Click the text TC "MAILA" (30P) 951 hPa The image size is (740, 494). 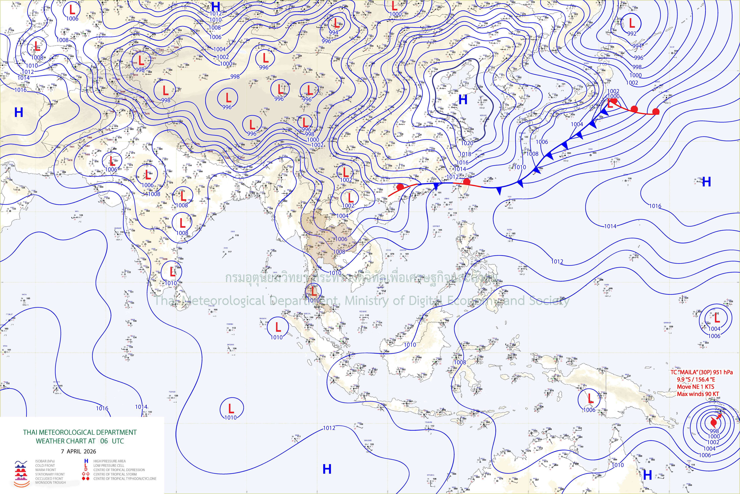(701, 372)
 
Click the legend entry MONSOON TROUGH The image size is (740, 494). (50, 482)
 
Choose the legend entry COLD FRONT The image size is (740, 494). (45, 465)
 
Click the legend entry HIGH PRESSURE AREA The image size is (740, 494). (109, 461)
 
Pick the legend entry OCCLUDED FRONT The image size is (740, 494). (49, 478)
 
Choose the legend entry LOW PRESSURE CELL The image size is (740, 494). (109, 465)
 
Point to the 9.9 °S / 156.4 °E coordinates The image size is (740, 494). (696, 379)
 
